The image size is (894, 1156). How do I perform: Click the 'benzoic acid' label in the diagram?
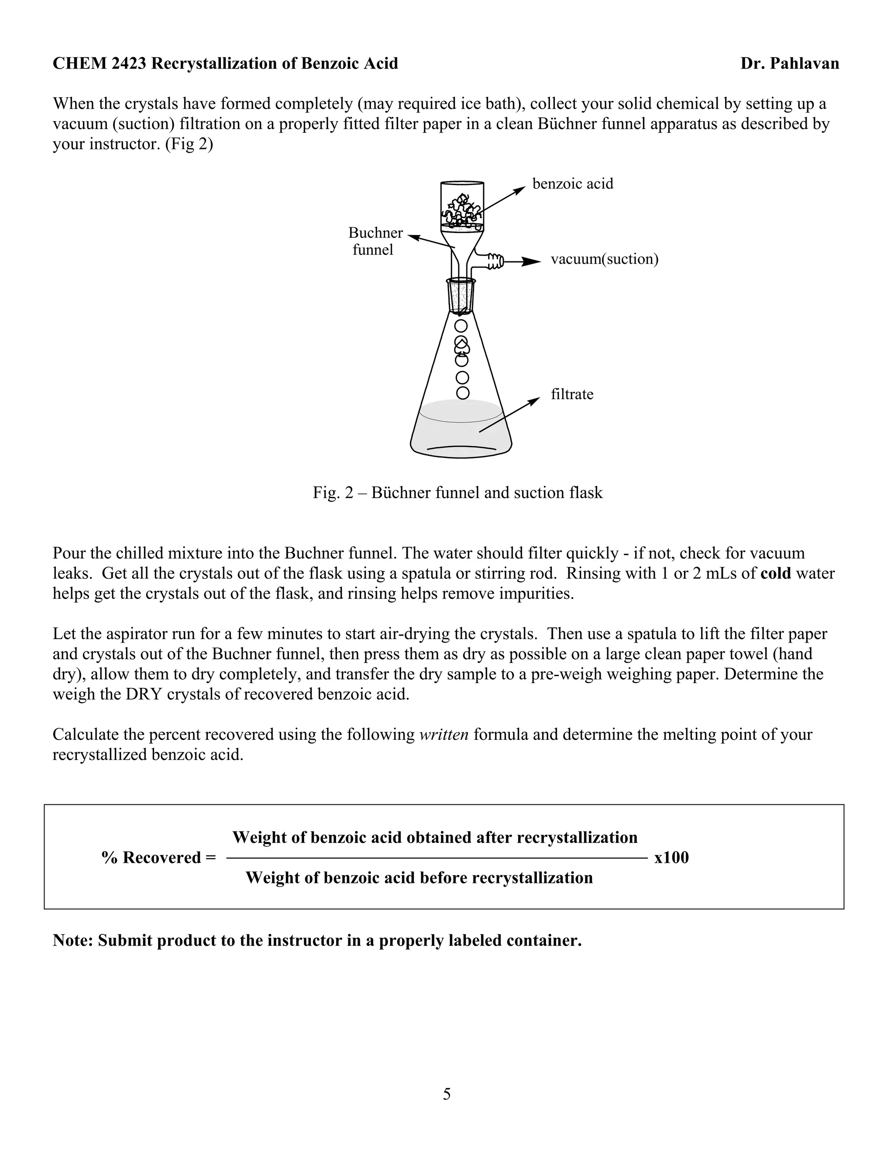click(573, 184)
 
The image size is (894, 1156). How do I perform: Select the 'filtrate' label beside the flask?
click(572, 394)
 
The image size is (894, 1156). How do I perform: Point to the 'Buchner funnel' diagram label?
click(375, 241)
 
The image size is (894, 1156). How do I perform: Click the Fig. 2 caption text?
click(457, 493)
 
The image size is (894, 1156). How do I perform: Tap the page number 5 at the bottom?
click(447, 1094)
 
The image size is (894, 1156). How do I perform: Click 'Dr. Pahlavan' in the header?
click(789, 64)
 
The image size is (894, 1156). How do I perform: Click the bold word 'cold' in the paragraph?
click(775, 573)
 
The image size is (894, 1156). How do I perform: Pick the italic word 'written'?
click(444, 735)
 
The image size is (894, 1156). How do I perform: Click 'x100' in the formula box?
click(671, 858)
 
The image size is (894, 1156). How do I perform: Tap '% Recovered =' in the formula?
click(159, 858)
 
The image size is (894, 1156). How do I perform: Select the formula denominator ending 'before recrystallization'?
click(419, 878)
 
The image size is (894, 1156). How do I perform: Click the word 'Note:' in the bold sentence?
click(73, 941)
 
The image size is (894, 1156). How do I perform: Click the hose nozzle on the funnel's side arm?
click(496, 260)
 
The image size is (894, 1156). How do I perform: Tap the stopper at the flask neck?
click(461, 296)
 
